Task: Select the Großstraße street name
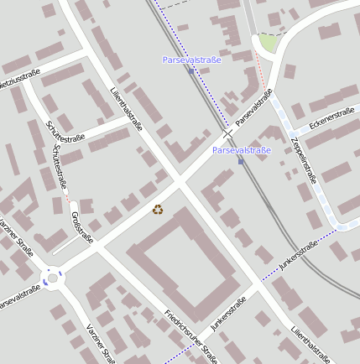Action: tap(81, 224)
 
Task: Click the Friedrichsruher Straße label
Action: tap(190, 337)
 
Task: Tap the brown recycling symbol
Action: tap(158, 209)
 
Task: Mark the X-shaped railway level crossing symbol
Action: tap(227, 133)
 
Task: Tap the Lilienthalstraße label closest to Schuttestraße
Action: tap(126, 108)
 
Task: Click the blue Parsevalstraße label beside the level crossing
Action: tap(242, 150)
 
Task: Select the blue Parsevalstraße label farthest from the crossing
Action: tap(191, 60)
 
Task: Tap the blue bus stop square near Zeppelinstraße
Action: tap(241, 161)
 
